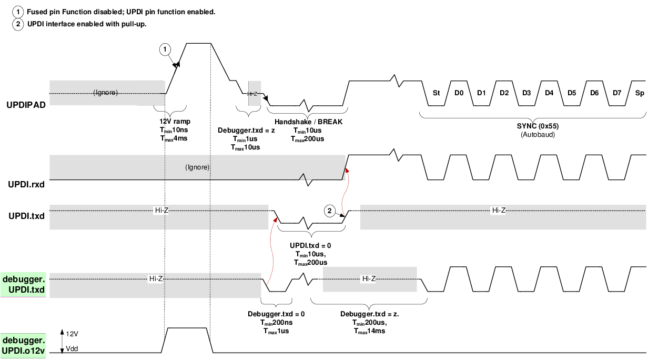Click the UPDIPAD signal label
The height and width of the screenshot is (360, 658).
26,105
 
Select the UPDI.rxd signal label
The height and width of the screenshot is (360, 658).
26,185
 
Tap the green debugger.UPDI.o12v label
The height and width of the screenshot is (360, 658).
25,345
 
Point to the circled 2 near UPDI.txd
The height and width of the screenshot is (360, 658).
329,211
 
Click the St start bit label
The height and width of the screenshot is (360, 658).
436,93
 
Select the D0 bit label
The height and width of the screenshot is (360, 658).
459,93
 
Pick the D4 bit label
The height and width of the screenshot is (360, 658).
549,93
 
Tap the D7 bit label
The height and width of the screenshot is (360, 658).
617,93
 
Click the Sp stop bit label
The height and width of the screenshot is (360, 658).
639,93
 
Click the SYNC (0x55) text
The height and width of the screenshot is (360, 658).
533,127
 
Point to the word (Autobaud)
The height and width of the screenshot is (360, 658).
533,135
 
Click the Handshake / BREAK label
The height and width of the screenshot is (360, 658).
308,122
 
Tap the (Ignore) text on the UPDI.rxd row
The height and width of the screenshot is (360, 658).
198,167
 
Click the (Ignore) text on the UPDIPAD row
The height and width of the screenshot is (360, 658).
106,93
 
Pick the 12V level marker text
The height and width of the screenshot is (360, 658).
73,333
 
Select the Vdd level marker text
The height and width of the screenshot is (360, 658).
73,349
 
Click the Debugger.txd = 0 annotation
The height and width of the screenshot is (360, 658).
276,314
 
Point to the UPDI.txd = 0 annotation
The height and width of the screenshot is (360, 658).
310,246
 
